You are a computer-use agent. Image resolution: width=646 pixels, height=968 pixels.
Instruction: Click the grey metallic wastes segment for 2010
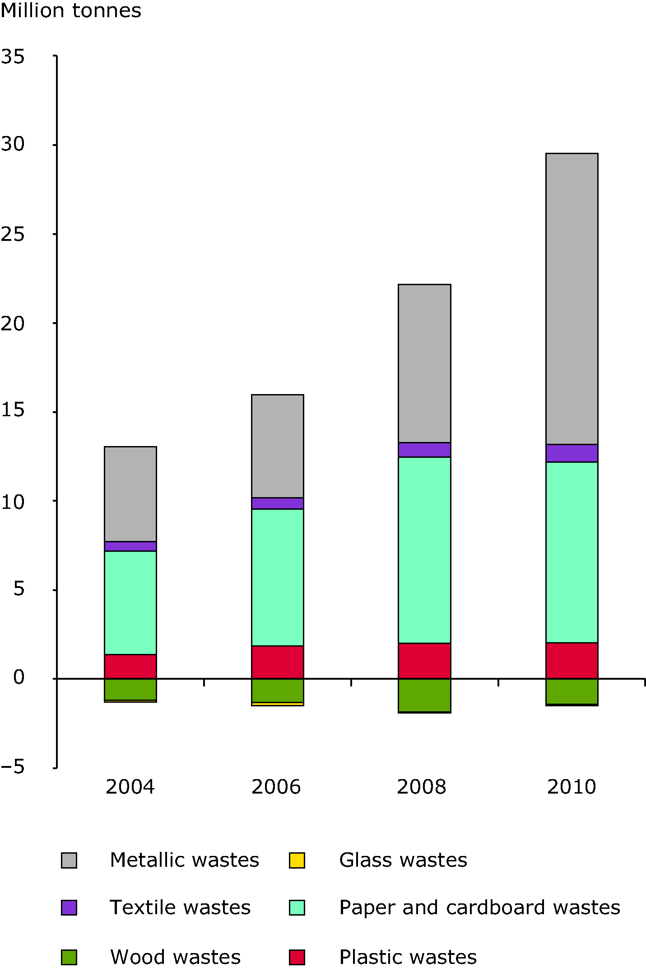[572, 298]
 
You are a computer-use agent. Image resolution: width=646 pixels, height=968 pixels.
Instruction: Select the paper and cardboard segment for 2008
[424, 550]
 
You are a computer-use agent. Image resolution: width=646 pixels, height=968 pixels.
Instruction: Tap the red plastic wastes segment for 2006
[277, 662]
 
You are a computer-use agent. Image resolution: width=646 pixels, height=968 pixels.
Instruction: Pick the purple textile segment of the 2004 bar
[130, 546]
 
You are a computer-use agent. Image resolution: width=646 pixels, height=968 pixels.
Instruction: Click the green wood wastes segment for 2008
[424, 695]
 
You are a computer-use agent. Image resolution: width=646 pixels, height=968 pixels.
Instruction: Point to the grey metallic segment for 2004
[130, 493]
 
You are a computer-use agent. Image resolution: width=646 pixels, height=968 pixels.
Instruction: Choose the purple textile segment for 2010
[572, 453]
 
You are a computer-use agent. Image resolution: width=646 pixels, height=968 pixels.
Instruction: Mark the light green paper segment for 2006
[277, 577]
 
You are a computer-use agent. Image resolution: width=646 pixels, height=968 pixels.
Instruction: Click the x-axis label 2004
[130, 787]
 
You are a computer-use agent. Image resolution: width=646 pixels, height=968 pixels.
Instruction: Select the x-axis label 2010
[572, 787]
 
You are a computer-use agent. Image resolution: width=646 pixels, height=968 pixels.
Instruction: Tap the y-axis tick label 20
[13, 324]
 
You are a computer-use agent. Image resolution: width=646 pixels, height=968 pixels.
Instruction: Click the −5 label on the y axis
[13, 767]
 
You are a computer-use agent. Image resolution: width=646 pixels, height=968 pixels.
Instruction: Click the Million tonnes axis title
[71, 10]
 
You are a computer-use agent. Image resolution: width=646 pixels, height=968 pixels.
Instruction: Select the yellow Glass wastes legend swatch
[297, 860]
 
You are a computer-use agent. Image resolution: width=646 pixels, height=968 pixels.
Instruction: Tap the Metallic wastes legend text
[184, 860]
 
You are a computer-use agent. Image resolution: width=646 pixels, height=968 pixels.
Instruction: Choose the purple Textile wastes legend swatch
[69, 907]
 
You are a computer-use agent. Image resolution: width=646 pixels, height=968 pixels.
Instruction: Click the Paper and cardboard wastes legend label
[479, 907]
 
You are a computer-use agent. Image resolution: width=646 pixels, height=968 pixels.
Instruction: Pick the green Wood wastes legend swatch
[69, 957]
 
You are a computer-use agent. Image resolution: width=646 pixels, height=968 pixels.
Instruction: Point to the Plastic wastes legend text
[408, 957]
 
